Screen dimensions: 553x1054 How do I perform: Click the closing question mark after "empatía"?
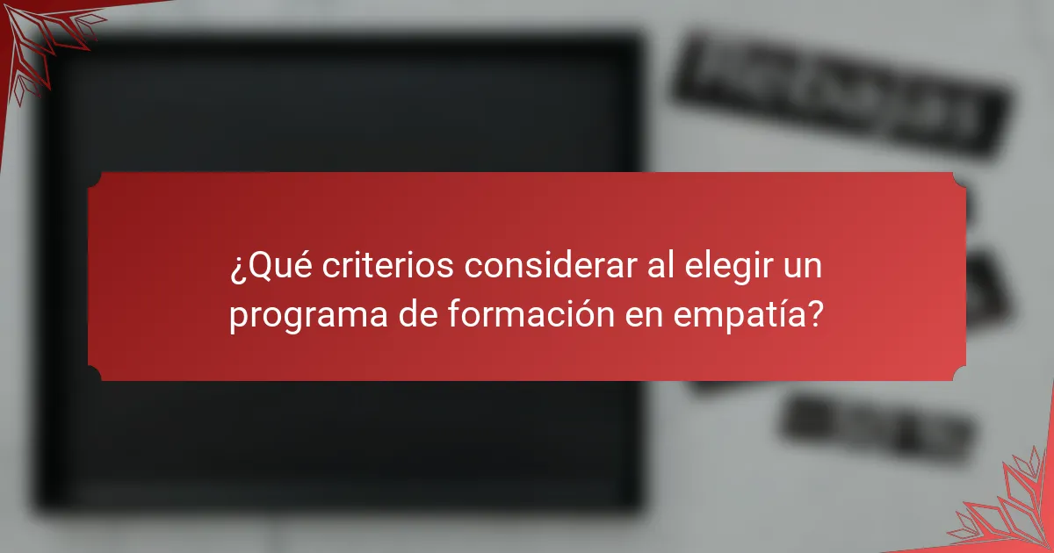[x=816, y=313]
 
